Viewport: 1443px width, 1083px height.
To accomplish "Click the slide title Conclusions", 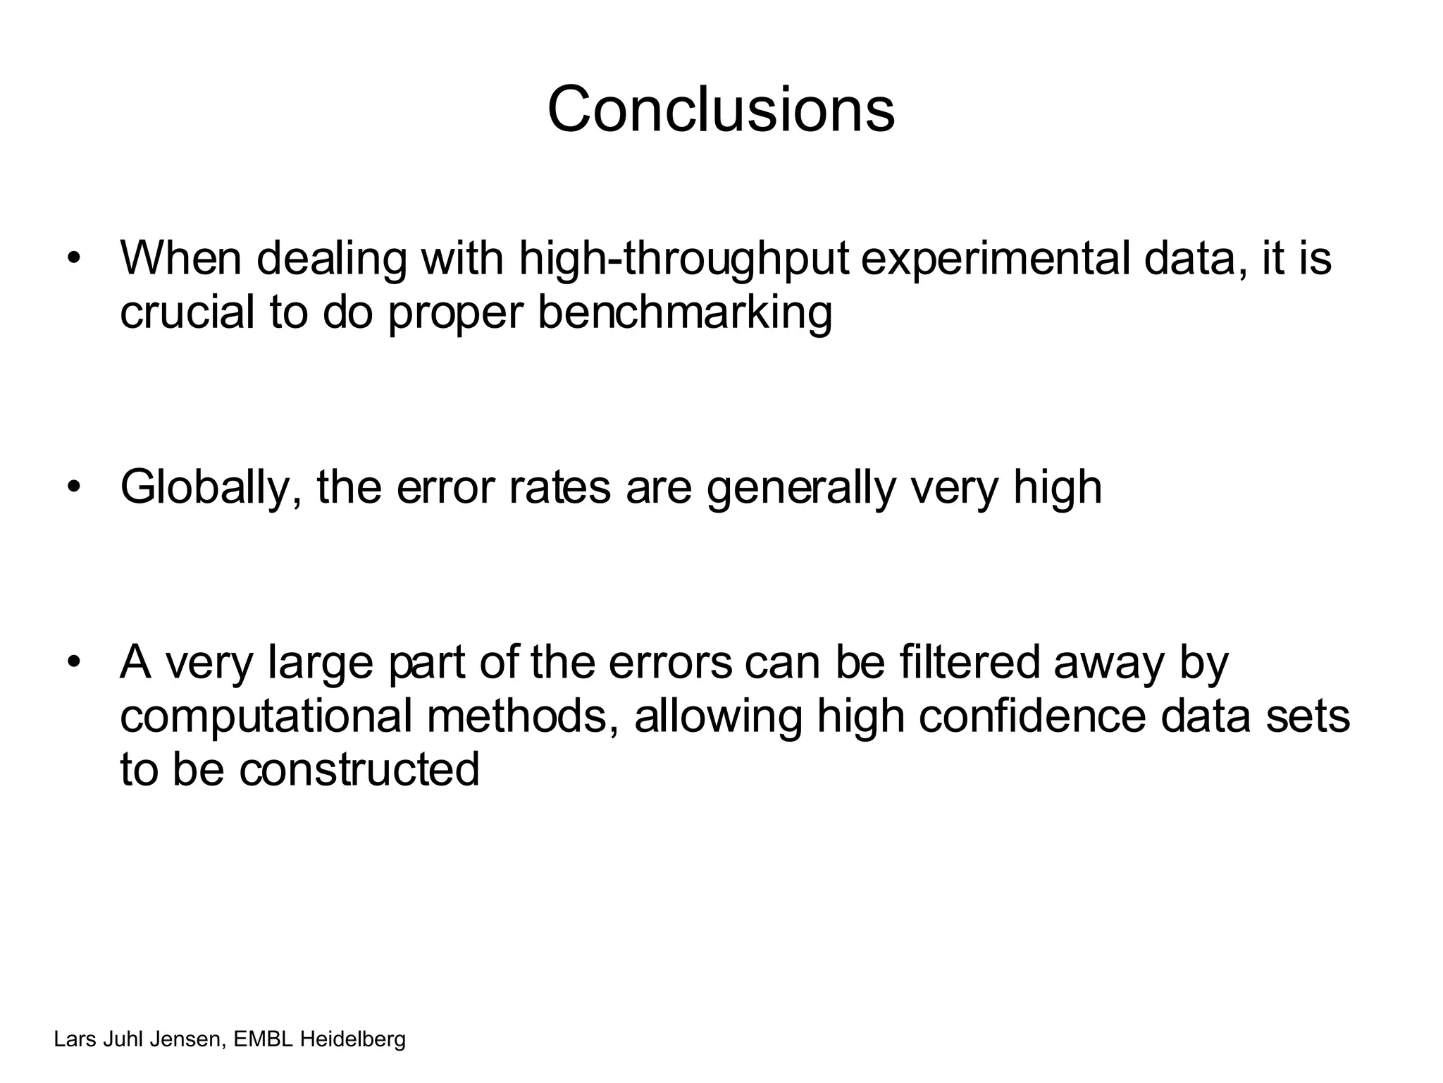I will click(721, 109).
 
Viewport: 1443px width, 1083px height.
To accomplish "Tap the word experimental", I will click(997, 259).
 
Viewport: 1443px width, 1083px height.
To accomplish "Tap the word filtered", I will click(970, 663).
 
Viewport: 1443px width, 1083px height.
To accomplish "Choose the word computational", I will click(266, 716).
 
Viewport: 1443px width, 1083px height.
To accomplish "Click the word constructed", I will click(359, 769).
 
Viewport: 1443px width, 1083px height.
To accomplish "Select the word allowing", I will click(718, 716).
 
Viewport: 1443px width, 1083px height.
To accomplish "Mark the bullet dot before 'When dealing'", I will click(73, 259).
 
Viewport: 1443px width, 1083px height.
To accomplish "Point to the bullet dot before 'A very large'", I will click(73, 663).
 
